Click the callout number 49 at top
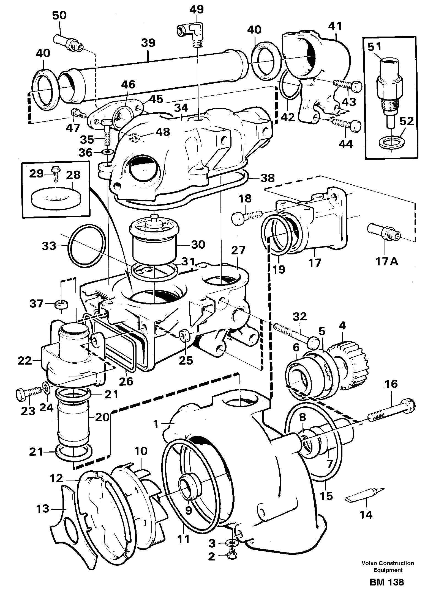[x=197, y=9]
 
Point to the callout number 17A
[x=386, y=262]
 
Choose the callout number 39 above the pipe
[x=148, y=43]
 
